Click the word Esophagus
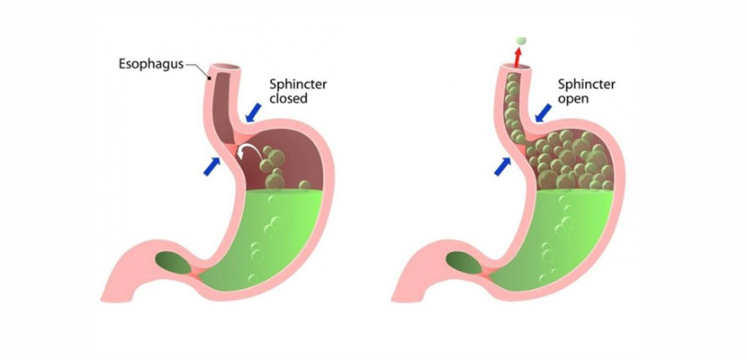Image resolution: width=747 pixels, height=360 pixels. (151, 64)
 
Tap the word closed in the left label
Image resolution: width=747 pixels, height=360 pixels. (289, 99)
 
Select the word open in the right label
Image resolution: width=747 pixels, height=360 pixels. (574, 99)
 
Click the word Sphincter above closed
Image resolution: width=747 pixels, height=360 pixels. (298, 85)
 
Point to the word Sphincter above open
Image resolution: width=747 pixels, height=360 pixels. (587, 85)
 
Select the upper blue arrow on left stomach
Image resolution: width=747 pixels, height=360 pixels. (254, 112)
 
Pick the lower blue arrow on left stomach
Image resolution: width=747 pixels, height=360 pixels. (212, 166)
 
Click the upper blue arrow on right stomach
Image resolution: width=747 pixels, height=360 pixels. (543, 112)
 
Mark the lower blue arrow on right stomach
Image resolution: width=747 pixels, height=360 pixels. (502, 166)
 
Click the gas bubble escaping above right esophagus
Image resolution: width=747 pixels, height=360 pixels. (521, 41)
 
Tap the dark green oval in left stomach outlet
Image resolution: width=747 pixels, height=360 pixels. (174, 263)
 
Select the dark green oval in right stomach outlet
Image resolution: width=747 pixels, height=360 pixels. (464, 263)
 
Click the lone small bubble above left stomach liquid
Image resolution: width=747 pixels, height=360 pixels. (304, 184)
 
